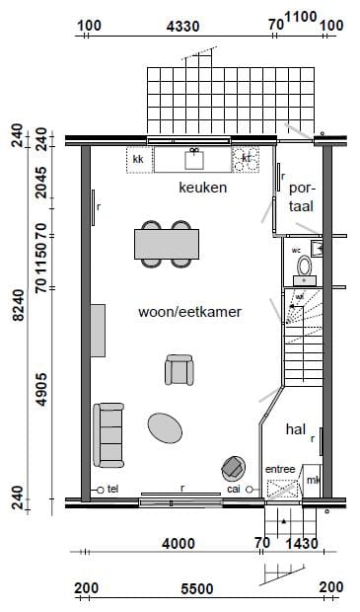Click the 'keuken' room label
[x=203, y=187]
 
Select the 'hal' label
[x=295, y=429]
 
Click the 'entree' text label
[x=280, y=469]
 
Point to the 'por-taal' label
[x=300, y=195]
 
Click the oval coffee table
[x=165, y=427]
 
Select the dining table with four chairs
[x=164, y=242]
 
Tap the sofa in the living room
[x=108, y=435]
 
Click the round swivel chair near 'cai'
[x=235, y=467]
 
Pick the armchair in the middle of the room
[x=180, y=370]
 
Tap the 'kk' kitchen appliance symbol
[x=138, y=158]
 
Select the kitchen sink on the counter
[x=194, y=157]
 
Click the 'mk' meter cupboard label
[x=313, y=480]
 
